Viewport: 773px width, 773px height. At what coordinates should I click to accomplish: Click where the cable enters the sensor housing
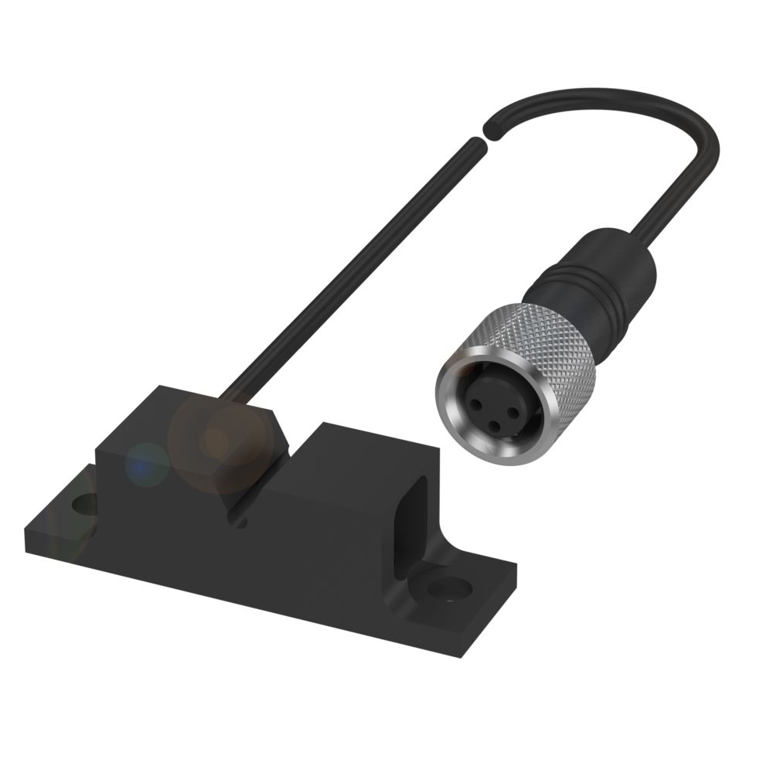[230, 396]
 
